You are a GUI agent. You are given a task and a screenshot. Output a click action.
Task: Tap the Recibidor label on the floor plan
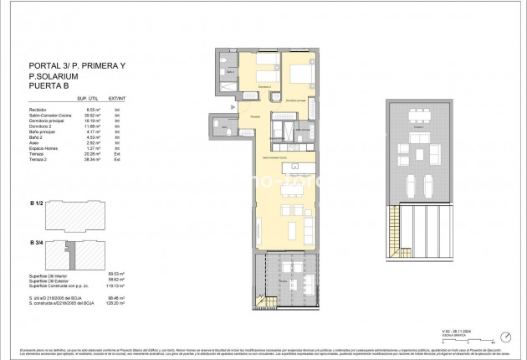(255, 117)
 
